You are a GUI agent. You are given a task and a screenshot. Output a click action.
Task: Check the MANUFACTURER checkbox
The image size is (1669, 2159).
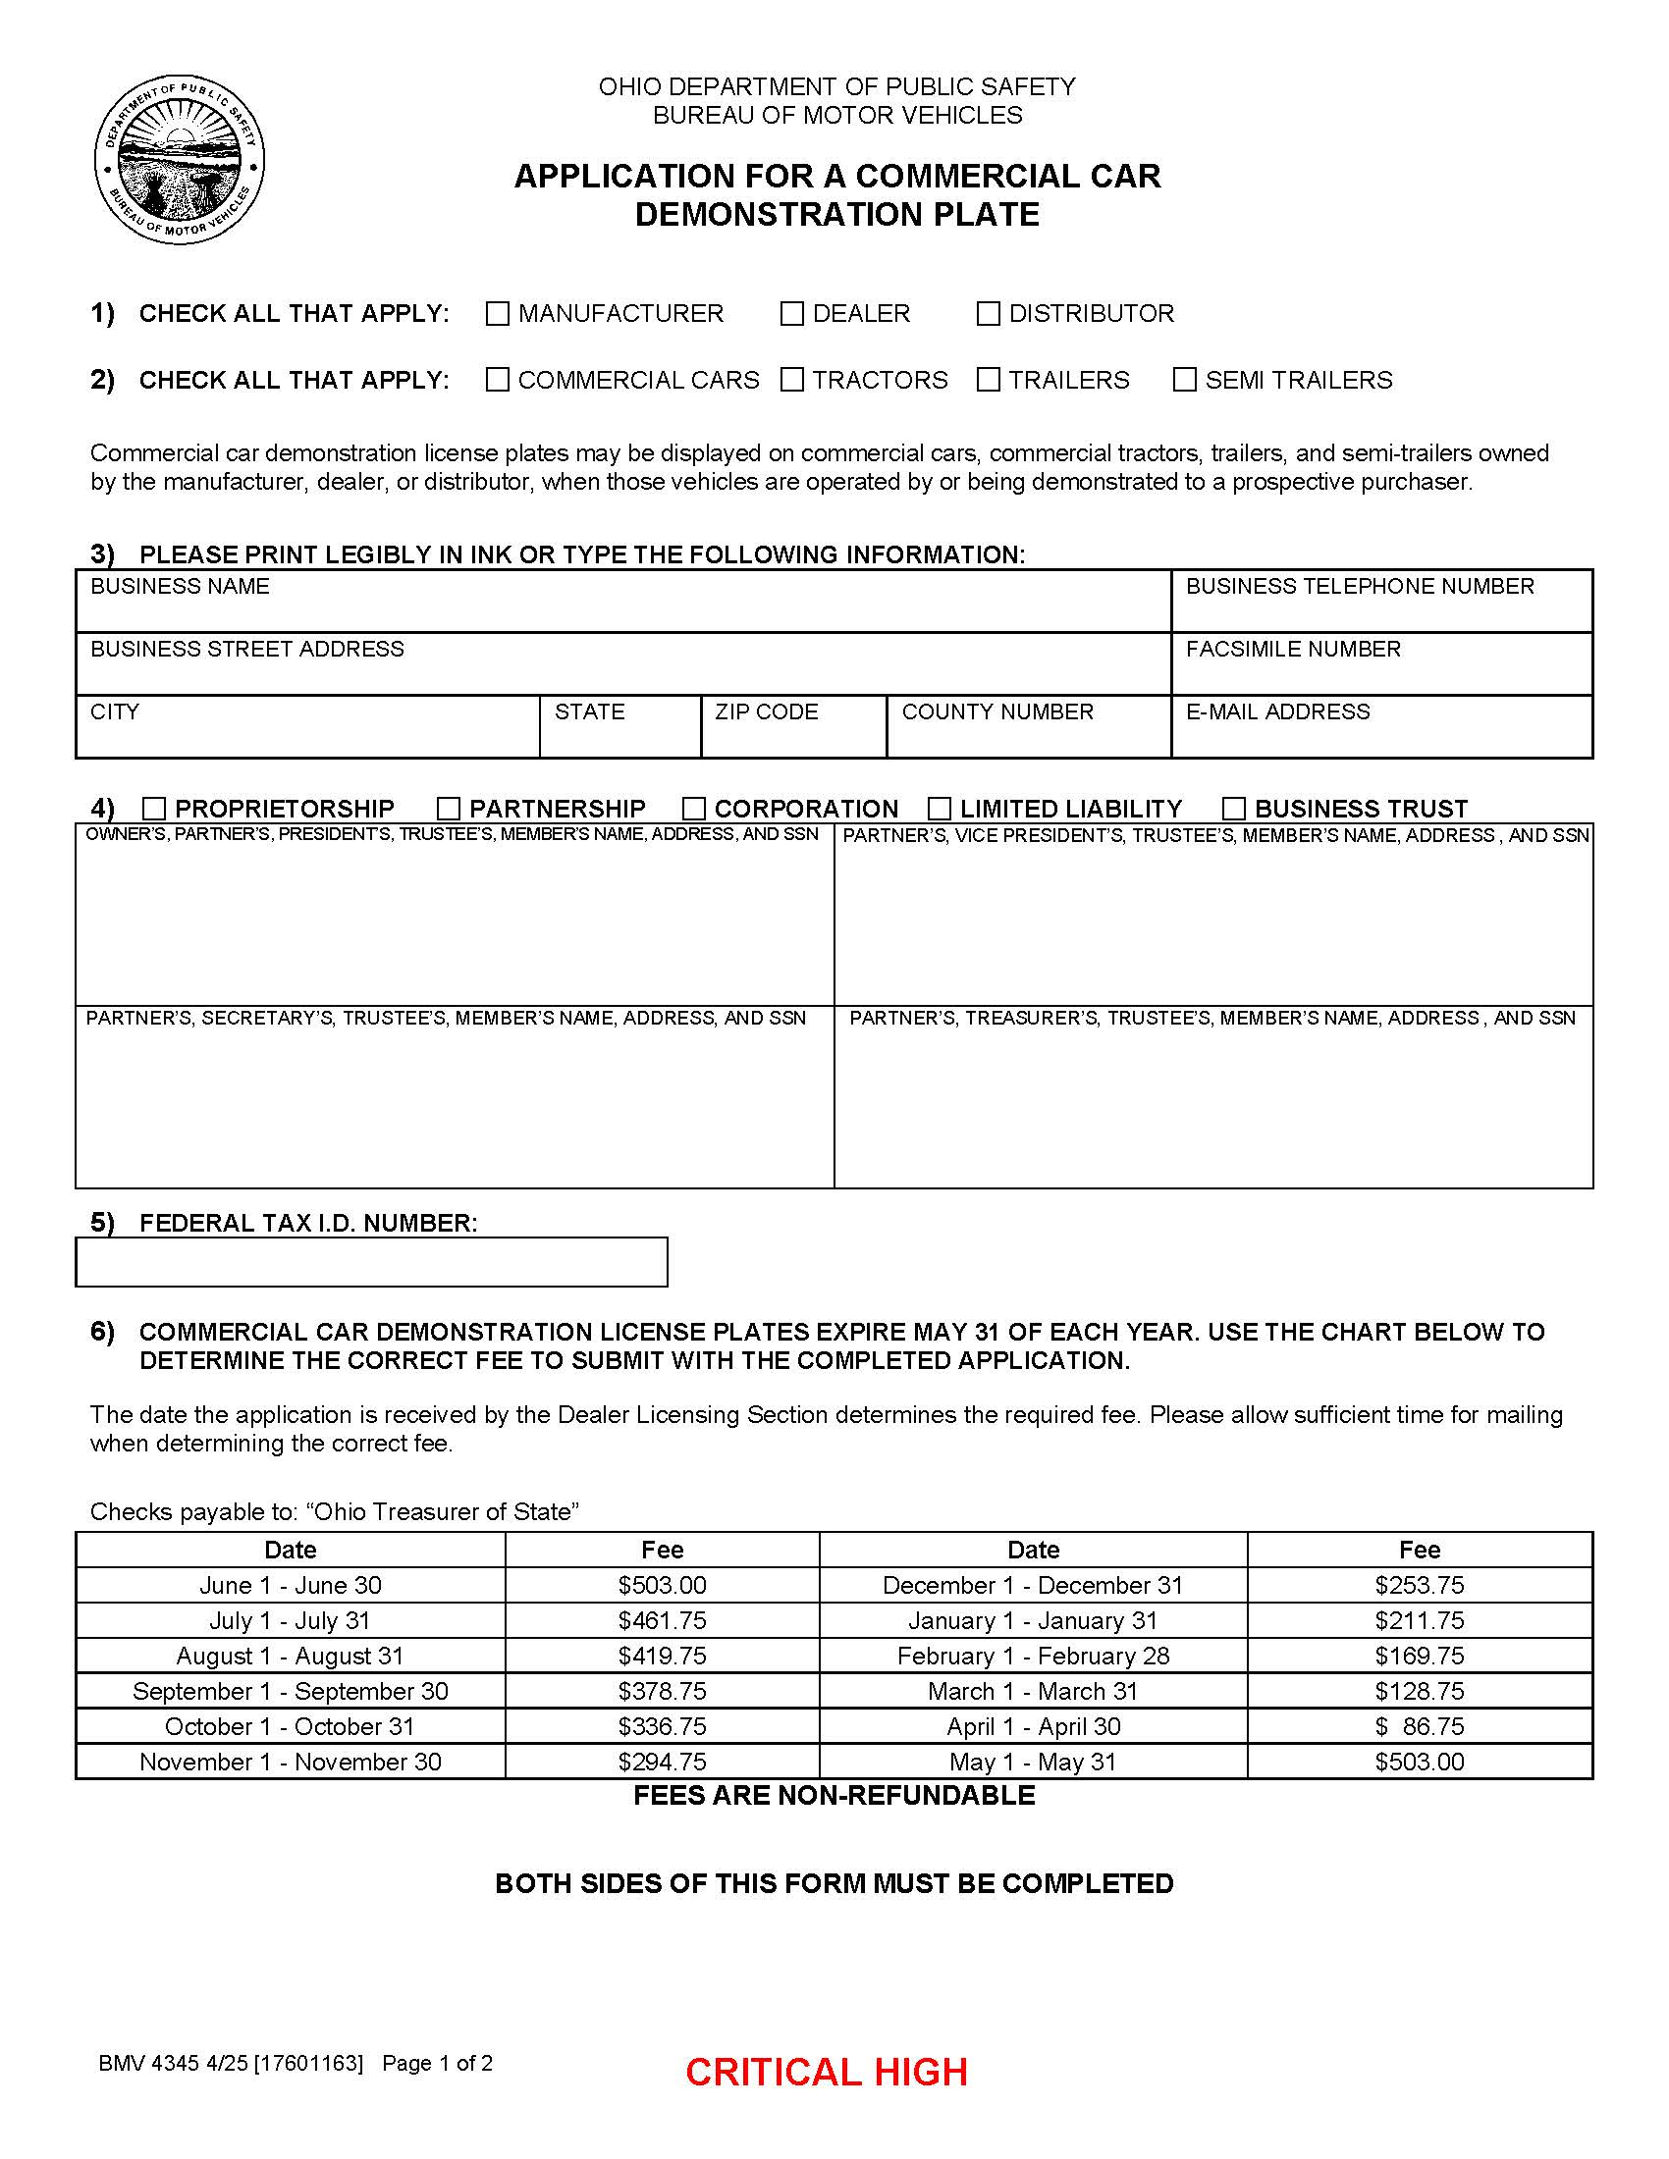click(498, 313)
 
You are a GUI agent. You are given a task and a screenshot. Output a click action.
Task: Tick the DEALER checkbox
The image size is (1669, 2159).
click(792, 313)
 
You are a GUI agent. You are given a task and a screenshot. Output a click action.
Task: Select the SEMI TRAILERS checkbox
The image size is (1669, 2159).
click(1185, 380)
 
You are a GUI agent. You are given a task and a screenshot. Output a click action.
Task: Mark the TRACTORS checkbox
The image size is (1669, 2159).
click(792, 380)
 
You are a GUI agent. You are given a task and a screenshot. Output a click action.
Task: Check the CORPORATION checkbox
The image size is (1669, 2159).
click(694, 809)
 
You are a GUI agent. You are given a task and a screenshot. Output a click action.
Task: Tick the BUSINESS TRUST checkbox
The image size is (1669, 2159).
click(1234, 809)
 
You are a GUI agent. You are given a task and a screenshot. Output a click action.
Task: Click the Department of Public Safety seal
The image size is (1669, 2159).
click(180, 160)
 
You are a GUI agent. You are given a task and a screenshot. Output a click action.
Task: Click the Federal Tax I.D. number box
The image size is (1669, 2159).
click(371, 1262)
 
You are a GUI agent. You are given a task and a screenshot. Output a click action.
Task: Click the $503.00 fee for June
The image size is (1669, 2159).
click(662, 1585)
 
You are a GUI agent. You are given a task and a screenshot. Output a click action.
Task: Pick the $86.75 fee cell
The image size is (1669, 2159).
click(1419, 1726)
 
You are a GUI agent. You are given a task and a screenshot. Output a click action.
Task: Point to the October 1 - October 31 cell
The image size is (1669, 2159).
click(290, 1726)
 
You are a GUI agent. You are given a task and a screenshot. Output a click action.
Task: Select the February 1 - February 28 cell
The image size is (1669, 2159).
click(1032, 1656)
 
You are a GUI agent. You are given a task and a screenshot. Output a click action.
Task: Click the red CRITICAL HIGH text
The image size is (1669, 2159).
click(826, 2072)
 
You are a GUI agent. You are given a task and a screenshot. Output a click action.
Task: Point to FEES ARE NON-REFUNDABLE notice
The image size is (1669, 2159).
click(834, 1795)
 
